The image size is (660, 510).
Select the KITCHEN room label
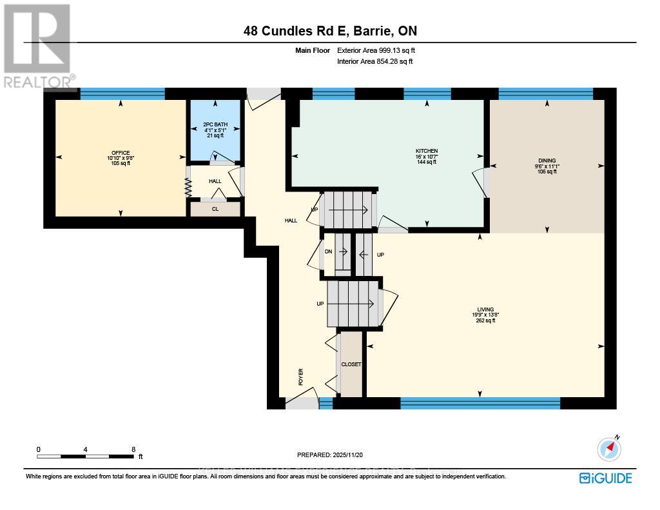[x=427, y=152]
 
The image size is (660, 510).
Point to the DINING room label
[x=547, y=161]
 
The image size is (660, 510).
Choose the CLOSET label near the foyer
[x=351, y=364]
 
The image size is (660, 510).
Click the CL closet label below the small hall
[x=215, y=210]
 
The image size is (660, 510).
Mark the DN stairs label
[x=328, y=252]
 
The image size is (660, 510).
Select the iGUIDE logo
[x=605, y=478]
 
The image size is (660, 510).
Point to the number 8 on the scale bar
[x=133, y=449]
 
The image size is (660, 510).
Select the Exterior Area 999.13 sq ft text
[x=380, y=50]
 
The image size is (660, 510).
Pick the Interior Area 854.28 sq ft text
[x=374, y=61]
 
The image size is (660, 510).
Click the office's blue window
[x=122, y=94]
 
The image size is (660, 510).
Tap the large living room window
[x=480, y=403]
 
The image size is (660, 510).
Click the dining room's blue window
[x=545, y=94]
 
